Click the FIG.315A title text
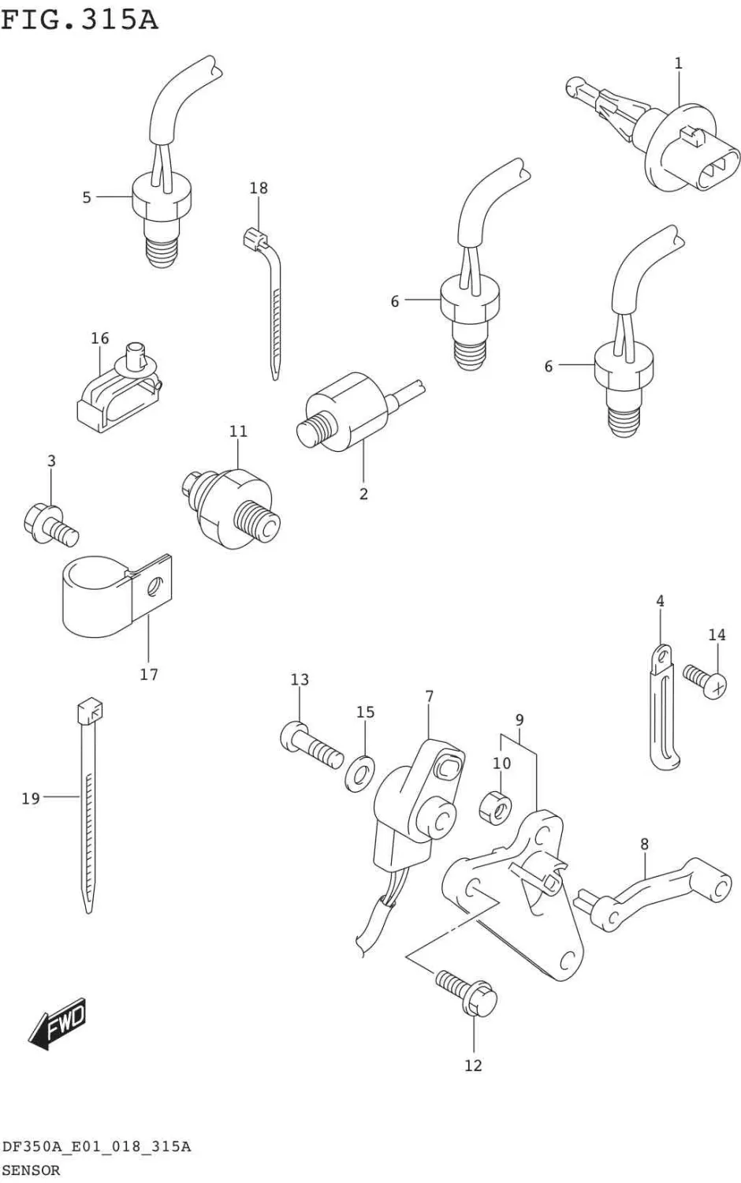(x=79, y=19)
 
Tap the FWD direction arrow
(x=57, y=1026)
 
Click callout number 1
(x=678, y=63)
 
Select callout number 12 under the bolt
(x=473, y=1065)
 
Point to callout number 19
(x=31, y=799)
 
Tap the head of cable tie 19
(x=90, y=714)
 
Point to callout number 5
(x=87, y=197)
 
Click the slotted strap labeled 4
(x=662, y=710)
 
